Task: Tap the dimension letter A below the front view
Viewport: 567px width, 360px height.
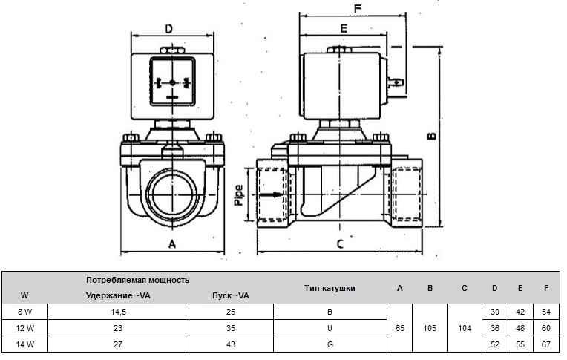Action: point(172,243)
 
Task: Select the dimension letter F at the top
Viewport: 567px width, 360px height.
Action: point(358,10)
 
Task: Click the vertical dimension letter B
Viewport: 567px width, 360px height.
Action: point(431,135)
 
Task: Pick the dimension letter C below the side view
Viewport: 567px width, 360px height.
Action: point(340,244)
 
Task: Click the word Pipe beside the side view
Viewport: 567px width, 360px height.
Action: point(238,195)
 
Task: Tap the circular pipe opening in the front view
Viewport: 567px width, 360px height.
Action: point(172,194)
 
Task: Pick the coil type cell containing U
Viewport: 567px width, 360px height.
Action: point(330,327)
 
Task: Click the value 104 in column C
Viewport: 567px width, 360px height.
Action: point(464,327)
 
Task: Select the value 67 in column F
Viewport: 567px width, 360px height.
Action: point(546,344)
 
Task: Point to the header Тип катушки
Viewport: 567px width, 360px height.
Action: point(330,287)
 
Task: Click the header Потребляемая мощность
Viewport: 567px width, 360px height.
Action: point(137,280)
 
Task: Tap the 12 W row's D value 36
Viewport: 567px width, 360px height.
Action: point(495,327)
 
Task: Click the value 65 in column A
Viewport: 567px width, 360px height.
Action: point(400,327)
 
